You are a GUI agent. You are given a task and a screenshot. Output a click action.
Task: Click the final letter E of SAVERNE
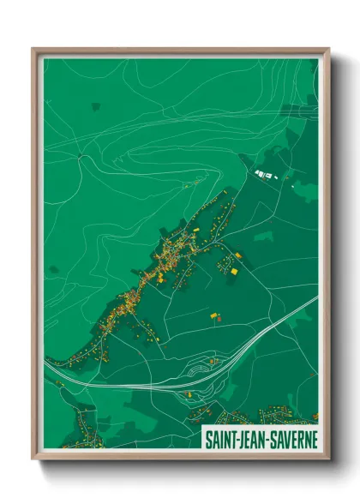tap(313, 437)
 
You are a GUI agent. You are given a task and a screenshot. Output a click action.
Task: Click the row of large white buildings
tap(264, 176)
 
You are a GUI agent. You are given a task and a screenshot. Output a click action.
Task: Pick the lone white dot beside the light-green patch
tap(291, 186)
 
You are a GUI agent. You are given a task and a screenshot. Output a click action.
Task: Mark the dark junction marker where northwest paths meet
tap(80, 155)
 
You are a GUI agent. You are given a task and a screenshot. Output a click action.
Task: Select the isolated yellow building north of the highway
tap(213, 315)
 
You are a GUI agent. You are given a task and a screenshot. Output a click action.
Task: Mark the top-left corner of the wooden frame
tap(33, 49)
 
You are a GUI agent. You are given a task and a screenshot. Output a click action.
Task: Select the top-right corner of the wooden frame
tap(329, 49)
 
